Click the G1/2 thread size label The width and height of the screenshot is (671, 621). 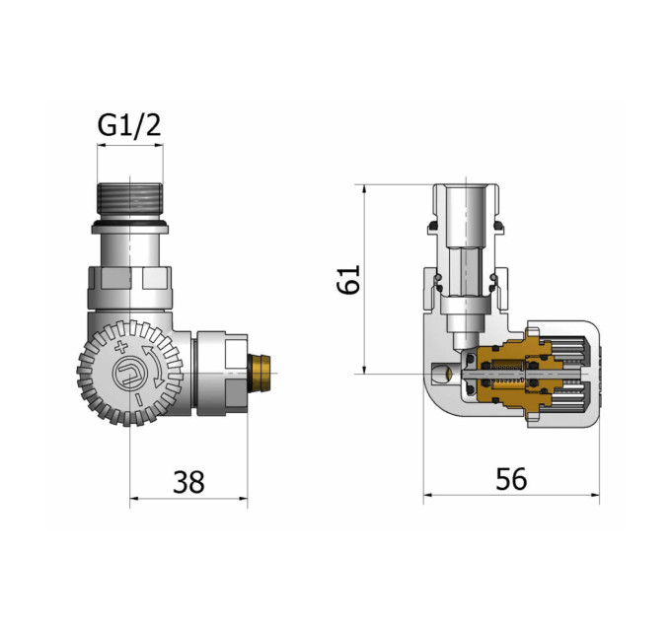click(129, 125)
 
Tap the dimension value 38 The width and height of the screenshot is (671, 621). click(188, 482)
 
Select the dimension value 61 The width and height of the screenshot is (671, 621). click(348, 280)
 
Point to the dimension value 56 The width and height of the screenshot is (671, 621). click(511, 479)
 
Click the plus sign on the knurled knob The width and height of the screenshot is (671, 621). click(121, 347)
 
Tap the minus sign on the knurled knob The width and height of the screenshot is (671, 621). click(138, 400)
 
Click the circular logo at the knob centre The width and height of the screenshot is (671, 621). click(129, 374)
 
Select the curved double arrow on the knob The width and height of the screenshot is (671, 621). click(154, 367)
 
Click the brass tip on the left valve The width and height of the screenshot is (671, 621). click(260, 373)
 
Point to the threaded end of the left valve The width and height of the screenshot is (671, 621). click(129, 198)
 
